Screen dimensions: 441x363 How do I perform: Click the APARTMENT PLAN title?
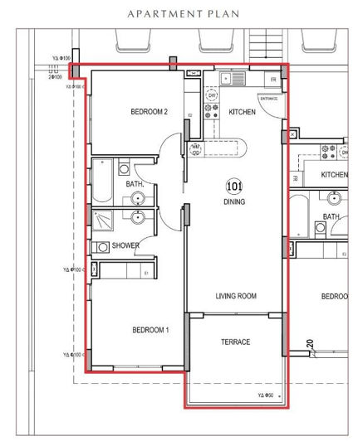[181, 13]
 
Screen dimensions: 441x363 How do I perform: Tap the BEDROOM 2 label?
[150, 112]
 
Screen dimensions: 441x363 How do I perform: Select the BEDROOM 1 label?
[150, 329]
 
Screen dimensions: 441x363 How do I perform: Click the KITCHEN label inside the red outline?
[241, 112]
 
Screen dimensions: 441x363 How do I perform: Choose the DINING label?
[233, 201]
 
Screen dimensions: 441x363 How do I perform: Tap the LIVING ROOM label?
[235, 296]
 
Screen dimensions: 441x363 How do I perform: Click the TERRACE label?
[235, 342]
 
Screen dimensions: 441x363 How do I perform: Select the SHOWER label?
[126, 246]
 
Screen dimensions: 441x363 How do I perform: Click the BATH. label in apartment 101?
[135, 184]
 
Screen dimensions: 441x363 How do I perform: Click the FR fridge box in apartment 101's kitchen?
[272, 80]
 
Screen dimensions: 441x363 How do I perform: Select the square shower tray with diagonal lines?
[105, 220]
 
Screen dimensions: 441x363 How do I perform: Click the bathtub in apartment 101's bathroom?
[101, 182]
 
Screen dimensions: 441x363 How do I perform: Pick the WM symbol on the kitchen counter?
[196, 148]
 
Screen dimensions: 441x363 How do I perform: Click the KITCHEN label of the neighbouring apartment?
[334, 175]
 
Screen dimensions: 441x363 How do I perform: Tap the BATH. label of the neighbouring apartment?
[331, 216]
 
